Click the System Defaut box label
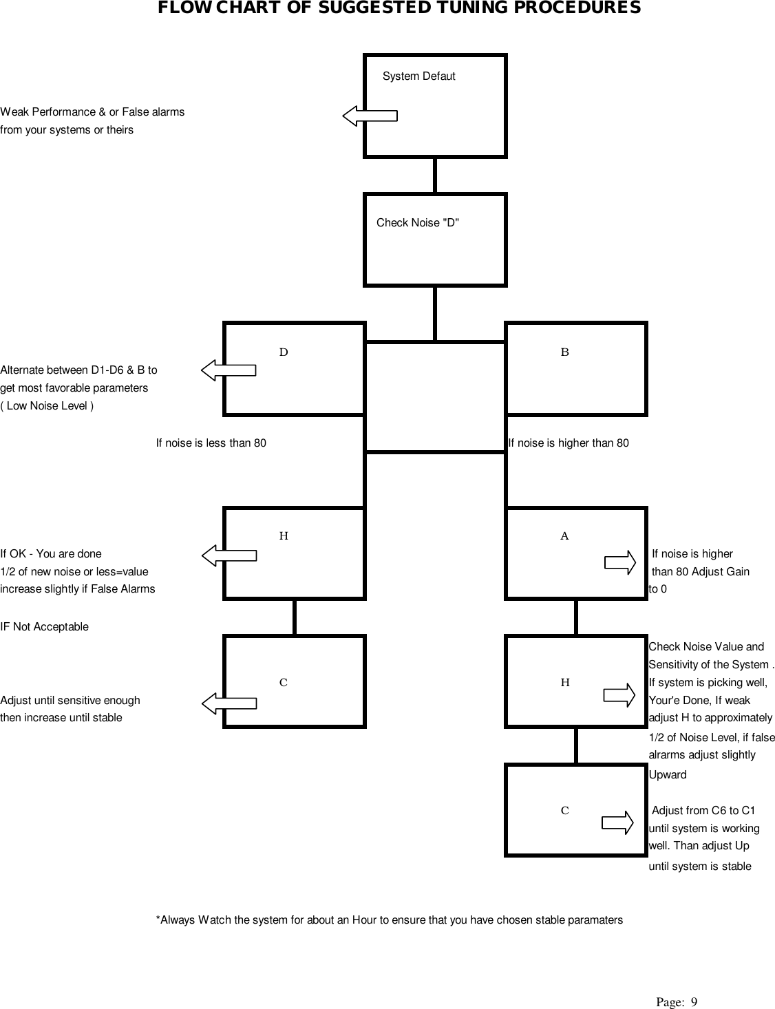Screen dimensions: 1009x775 pos(418,76)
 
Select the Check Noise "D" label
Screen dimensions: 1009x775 pos(418,223)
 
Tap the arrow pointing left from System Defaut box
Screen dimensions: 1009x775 pos(370,116)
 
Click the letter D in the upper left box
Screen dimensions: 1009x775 pos(284,352)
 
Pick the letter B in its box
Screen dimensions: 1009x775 pos(565,352)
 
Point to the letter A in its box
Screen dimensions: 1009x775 pos(564,536)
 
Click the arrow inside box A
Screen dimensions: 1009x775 pos(619,562)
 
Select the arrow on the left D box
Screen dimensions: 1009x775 pos(229,370)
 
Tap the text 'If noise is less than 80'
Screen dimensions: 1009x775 pos(211,443)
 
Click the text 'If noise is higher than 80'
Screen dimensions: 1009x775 pos(569,443)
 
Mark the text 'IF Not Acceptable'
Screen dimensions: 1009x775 pos(45,627)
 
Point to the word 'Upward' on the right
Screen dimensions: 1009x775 pos(668,775)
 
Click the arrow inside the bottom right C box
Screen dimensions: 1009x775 pos(617,822)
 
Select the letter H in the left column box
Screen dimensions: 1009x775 pos(284,536)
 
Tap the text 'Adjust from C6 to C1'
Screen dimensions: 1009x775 pos(703,811)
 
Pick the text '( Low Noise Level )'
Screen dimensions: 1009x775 pos(47,406)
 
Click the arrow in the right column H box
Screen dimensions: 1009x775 pos(619,694)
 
